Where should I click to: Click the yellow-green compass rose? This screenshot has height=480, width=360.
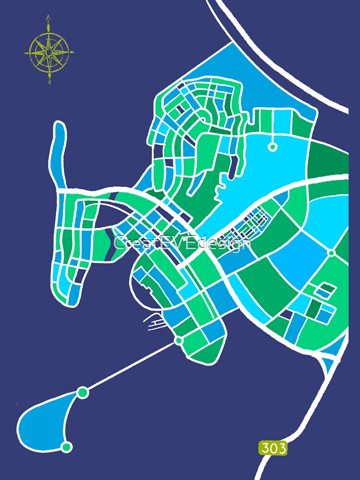pyautogui.click(x=49, y=50)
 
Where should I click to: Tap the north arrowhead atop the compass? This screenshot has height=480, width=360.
pyautogui.click(x=48, y=18)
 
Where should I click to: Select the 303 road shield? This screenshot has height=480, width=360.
pyautogui.click(x=273, y=448)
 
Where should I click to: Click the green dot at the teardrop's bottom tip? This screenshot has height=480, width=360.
pyautogui.click(x=67, y=447)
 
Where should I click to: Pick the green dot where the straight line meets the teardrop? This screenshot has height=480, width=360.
pyautogui.click(x=83, y=393)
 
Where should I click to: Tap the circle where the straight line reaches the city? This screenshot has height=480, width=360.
pyautogui.click(x=179, y=340)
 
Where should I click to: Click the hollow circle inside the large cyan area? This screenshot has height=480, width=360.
pyautogui.click(x=272, y=147)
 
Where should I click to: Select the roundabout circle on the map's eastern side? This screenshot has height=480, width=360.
pyautogui.click(x=331, y=252)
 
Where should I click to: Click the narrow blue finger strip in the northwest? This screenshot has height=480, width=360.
pyautogui.click(x=58, y=154)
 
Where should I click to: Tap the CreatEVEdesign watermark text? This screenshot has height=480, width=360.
pyautogui.click(x=182, y=243)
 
